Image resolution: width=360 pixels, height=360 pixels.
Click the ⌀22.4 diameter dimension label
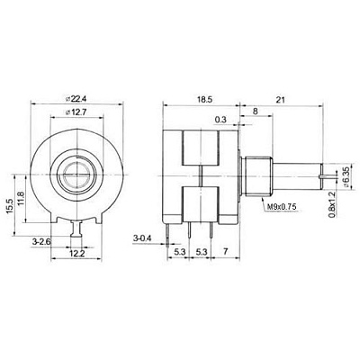(x=78, y=98)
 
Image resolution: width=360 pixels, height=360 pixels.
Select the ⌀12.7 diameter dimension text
(x=78, y=112)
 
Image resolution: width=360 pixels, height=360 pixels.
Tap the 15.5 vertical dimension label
(x=9, y=206)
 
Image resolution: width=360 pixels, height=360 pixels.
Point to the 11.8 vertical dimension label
(x=21, y=198)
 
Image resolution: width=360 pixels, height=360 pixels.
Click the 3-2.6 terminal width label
(x=41, y=241)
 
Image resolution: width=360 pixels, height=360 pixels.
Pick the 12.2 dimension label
(x=77, y=254)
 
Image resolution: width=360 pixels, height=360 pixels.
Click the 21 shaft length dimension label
(x=281, y=100)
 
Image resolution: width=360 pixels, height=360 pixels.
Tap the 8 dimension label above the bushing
(x=256, y=112)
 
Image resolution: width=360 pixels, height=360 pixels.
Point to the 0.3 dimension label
(x=220, y=120)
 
